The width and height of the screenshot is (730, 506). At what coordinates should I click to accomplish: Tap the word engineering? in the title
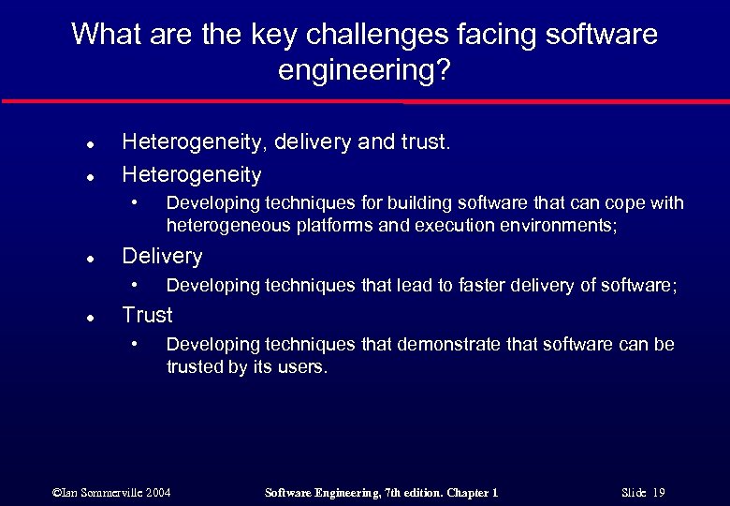(364, 70)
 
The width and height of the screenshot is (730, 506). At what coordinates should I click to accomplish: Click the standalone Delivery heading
(162, 256)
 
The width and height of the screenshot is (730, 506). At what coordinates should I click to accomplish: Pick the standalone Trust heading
(148, 315)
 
